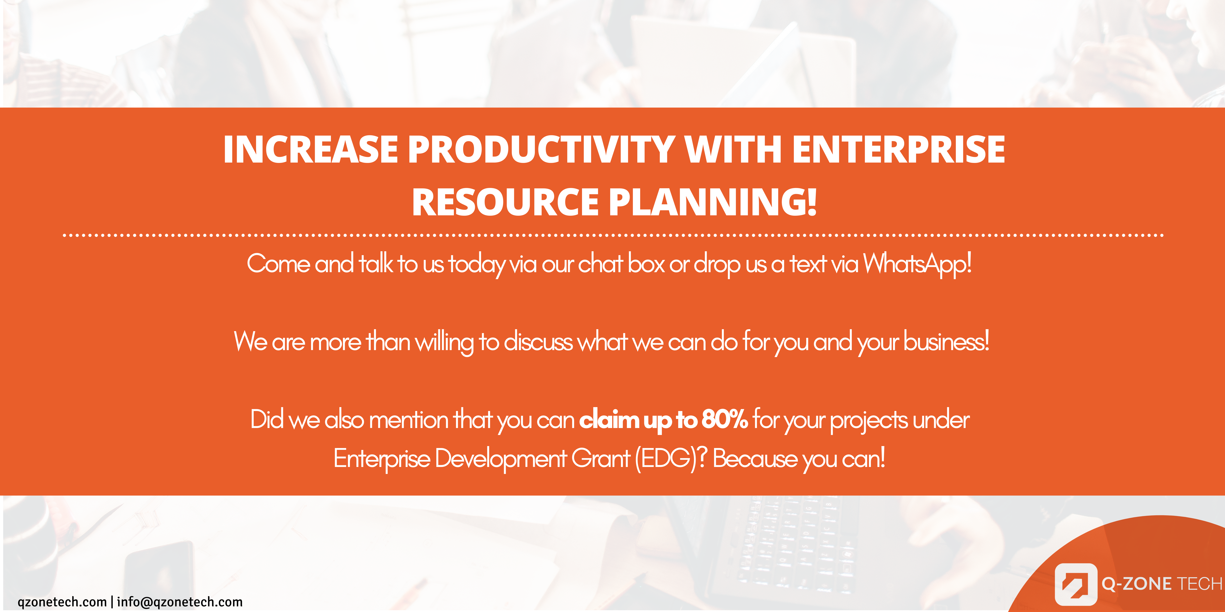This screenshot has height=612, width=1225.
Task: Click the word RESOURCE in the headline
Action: click(505, 202)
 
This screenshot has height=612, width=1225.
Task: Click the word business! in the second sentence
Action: click(946, 341)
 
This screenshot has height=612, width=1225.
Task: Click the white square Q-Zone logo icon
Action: click(1076, 584)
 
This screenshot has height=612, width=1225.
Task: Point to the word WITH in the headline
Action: click(734, 150)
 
